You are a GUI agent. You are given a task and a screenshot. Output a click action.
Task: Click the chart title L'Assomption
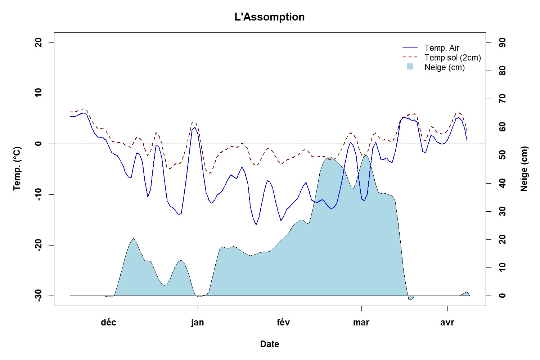(269, 17)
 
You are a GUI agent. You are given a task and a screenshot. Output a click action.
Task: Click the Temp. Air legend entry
(442, 48)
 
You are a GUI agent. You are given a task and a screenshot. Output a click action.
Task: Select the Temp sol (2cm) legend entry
(453, 58)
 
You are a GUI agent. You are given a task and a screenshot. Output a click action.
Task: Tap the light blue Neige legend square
(410, 67)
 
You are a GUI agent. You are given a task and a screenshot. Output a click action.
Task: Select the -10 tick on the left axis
(39, 194)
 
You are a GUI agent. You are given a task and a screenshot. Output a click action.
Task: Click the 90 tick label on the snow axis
(502, 42)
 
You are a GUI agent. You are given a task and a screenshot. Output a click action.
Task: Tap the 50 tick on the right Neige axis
(502, 155)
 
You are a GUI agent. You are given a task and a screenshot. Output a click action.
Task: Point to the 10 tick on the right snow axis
(502, 267)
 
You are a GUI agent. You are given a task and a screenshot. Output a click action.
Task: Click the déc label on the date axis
(108, 322)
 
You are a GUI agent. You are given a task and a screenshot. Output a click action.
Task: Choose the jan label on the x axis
(197, 322)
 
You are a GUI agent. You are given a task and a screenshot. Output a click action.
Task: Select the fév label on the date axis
(284, 322)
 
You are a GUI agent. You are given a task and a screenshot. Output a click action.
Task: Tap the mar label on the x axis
(361, 322)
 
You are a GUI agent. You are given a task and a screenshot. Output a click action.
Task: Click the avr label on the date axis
(447, 322)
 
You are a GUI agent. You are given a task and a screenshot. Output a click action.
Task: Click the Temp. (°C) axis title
(17, 168)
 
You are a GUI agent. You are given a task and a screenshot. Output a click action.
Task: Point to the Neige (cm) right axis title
(524, 168)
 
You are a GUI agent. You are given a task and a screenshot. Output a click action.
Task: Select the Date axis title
(270, 344)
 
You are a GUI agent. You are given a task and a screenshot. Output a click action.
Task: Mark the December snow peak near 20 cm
(134, 238)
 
